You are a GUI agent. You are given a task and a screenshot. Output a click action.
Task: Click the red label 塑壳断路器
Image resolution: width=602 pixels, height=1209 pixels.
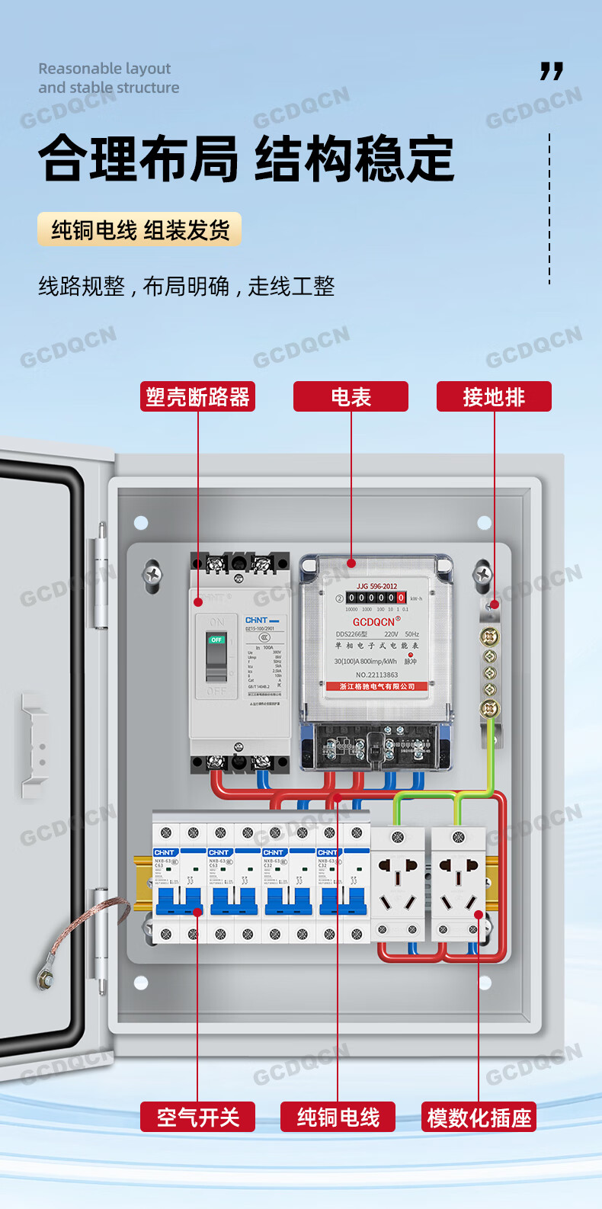pyautogui.click(x=197, y=396)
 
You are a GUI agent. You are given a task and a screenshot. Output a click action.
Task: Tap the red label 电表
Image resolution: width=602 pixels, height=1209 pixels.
pyautogui.click(x=351, y=396)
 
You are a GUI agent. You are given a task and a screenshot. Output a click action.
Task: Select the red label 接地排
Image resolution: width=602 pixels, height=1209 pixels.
pyautogui.click(x=494, y=396)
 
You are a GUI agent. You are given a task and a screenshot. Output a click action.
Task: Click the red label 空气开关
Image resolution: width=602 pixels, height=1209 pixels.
pyautogui.click(x=197, y=1118)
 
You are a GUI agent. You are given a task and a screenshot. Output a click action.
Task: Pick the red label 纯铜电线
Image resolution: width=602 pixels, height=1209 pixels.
pyautogui.click(x=338, y=1118)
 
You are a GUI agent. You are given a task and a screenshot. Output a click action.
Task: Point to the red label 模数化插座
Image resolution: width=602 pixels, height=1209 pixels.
pyautogui.click(x=479, y=1118)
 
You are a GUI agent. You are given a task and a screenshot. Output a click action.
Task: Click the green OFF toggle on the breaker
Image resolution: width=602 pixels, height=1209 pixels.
pyautogui.click(x=216, y=640)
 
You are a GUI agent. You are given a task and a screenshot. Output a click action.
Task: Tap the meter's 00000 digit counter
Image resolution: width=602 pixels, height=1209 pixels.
pyautogui.click(x=376, y=598)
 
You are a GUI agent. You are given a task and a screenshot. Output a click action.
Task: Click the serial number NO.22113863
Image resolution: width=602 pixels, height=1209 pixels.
pyautogui.click(x=376, y=675)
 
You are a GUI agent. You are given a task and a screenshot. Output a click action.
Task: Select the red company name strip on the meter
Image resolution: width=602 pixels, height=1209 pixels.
pyautogui.click(x=377, y=686)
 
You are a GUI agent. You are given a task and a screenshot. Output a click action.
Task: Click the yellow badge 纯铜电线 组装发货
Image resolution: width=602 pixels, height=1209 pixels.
pyautogui.click(x=139, y=229)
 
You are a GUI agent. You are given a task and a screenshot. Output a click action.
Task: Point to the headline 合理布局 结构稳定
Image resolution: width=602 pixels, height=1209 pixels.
pyautogui.click(x=246, y=159)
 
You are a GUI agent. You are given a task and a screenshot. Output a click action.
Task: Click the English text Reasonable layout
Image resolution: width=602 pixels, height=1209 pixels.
pyautogui.click(x=104, y=69)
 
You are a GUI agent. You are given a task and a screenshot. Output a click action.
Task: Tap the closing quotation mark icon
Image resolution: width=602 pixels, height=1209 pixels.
pyautogui.click(x=552, y=72)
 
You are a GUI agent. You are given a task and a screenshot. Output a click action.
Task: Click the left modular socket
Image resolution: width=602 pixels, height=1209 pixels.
pyautogui.click(x=398, y=884)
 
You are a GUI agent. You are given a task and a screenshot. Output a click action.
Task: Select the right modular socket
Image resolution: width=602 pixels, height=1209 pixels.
pyautogui.click(x=459, y=884)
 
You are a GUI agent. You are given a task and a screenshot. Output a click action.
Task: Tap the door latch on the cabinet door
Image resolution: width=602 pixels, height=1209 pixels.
pyautogui.click(x=34, y=747)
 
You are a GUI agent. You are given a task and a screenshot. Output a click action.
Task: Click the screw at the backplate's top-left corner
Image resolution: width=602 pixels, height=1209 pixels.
pyautogui.click(x=153, y=572)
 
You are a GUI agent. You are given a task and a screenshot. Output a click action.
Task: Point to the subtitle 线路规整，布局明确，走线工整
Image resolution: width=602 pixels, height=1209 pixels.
pyautogui.click(x=187, y=287)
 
